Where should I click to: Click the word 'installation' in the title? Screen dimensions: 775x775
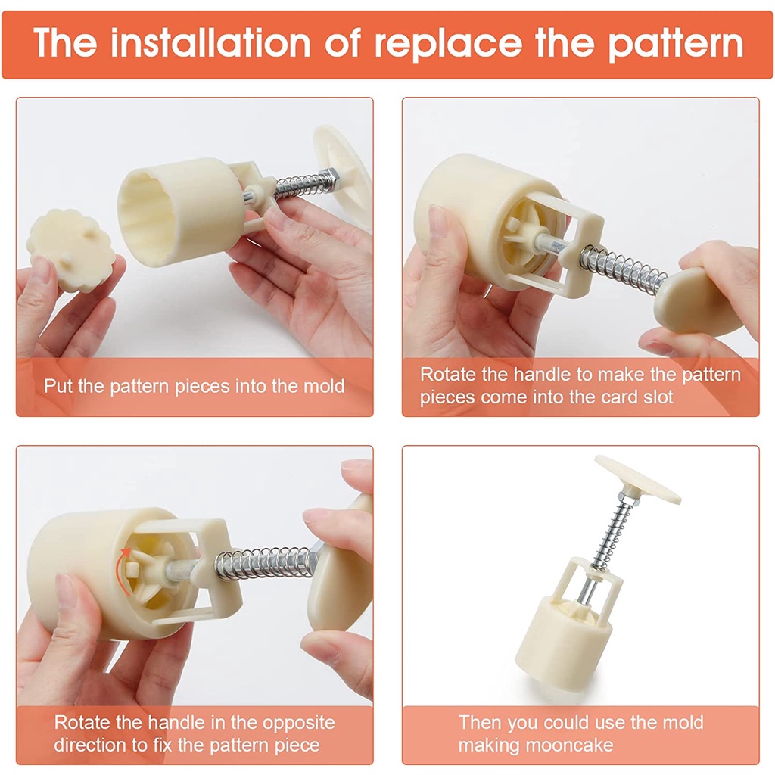pos(210,43)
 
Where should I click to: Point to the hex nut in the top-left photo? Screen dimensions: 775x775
pos(328,179)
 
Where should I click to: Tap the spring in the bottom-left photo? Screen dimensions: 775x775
pos(265,563)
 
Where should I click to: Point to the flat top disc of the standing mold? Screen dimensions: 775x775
pos(637,479)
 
